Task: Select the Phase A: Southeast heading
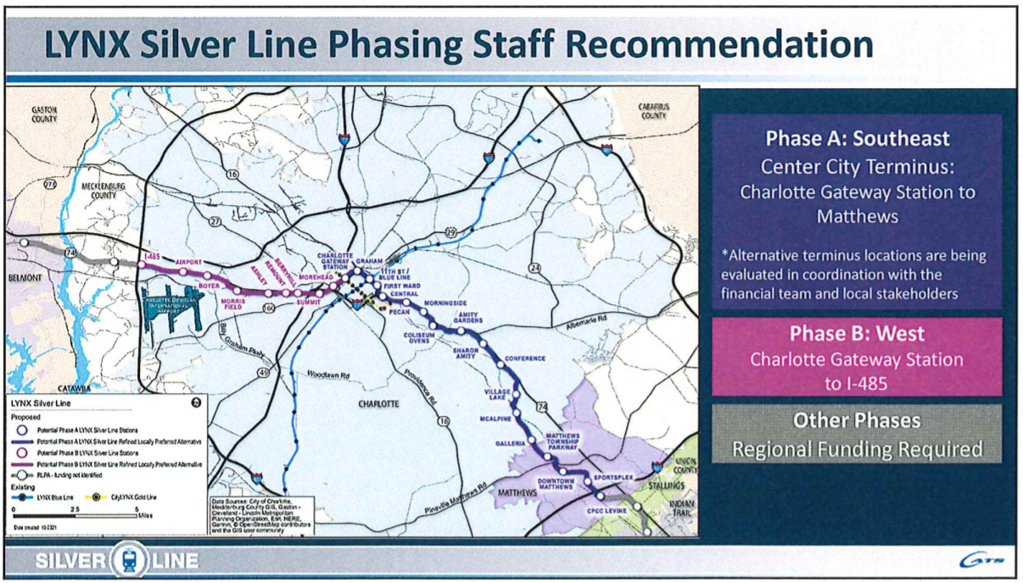point(857,137)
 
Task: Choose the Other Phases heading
point(857,420)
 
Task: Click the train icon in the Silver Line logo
point(126,560)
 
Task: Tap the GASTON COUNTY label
point(44,114)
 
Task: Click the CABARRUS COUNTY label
point(654,110)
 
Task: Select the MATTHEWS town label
point(517,492)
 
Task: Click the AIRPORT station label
point(188,263)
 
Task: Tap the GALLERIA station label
point(511,443)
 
